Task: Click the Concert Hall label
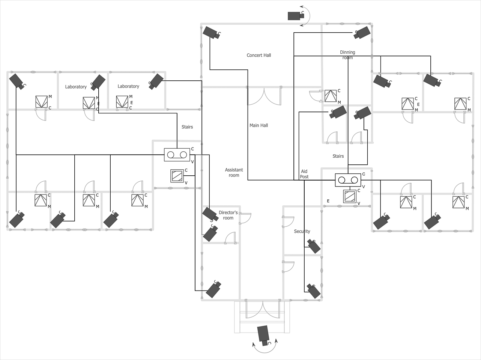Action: click(x=259, y=55)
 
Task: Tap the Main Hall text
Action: click(x=259, y=125)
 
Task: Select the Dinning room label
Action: click(x=347, y=55)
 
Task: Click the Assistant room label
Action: click(x=234, y=172)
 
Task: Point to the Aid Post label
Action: click(x=304, y=174)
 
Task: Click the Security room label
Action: click(x=302, y=231)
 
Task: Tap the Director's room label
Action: click(x=228, y=215)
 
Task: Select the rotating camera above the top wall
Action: click(x=295, y=15)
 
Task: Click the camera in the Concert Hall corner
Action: click(x=211, y=32)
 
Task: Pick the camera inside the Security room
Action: click(x=314, y=246)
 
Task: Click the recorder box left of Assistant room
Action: click(x=177, y=155)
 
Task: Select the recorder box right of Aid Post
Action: click(x=348, y=180)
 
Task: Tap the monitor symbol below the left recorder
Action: click(x=177, y=176)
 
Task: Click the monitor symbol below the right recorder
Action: click(x=350, y=196)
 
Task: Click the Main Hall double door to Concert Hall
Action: click(x=264, y=96)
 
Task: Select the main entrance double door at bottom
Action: click(x=263, y=309)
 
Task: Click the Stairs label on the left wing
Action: click(x=187, y=127)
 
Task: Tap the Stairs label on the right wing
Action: click(x=338, y=156)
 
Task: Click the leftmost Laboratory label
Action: click(x=76, y=87)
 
